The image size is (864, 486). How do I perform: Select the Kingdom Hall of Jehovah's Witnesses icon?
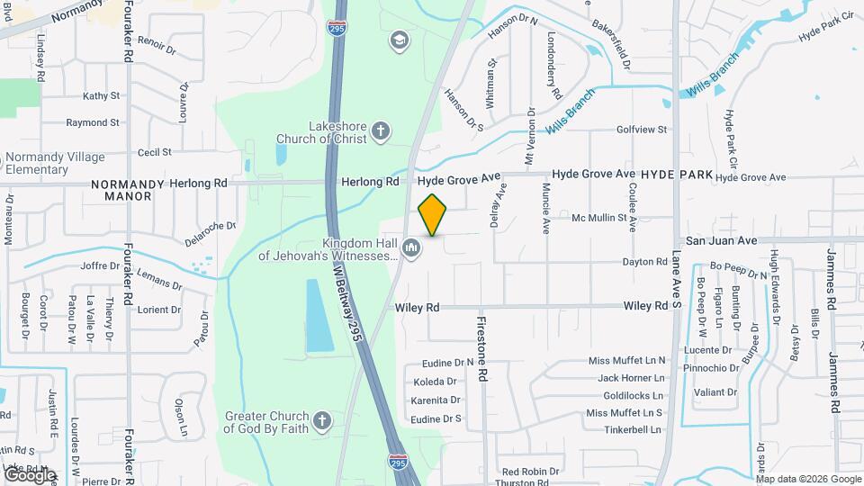(x=411, y=247)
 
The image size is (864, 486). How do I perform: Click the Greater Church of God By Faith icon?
(x=321, y=420)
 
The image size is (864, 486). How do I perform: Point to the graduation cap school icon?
(x=399, y=40)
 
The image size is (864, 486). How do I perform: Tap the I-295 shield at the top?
(x=337, y=27)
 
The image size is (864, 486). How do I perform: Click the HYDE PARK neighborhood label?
(x=677, y=174)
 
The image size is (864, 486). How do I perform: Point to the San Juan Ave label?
(x=722, y=241)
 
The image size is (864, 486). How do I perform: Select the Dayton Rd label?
(x=643, y=262)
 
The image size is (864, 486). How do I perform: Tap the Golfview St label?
(x=642, y=130)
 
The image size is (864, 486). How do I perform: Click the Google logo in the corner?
(x=29, y=474)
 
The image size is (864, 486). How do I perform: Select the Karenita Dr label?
(x=436, y=400)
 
